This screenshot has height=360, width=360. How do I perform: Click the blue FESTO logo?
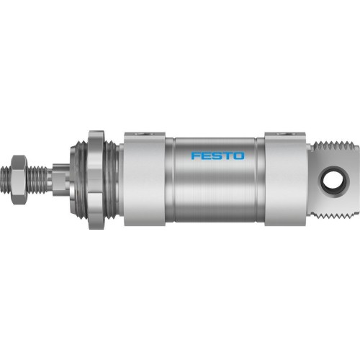click(217, 156)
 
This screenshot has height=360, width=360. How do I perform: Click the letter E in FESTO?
click(207, 156)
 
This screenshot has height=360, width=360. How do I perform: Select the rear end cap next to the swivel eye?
click(285, 177)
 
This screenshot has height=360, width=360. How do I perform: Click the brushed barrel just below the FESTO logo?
click(217, 191)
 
